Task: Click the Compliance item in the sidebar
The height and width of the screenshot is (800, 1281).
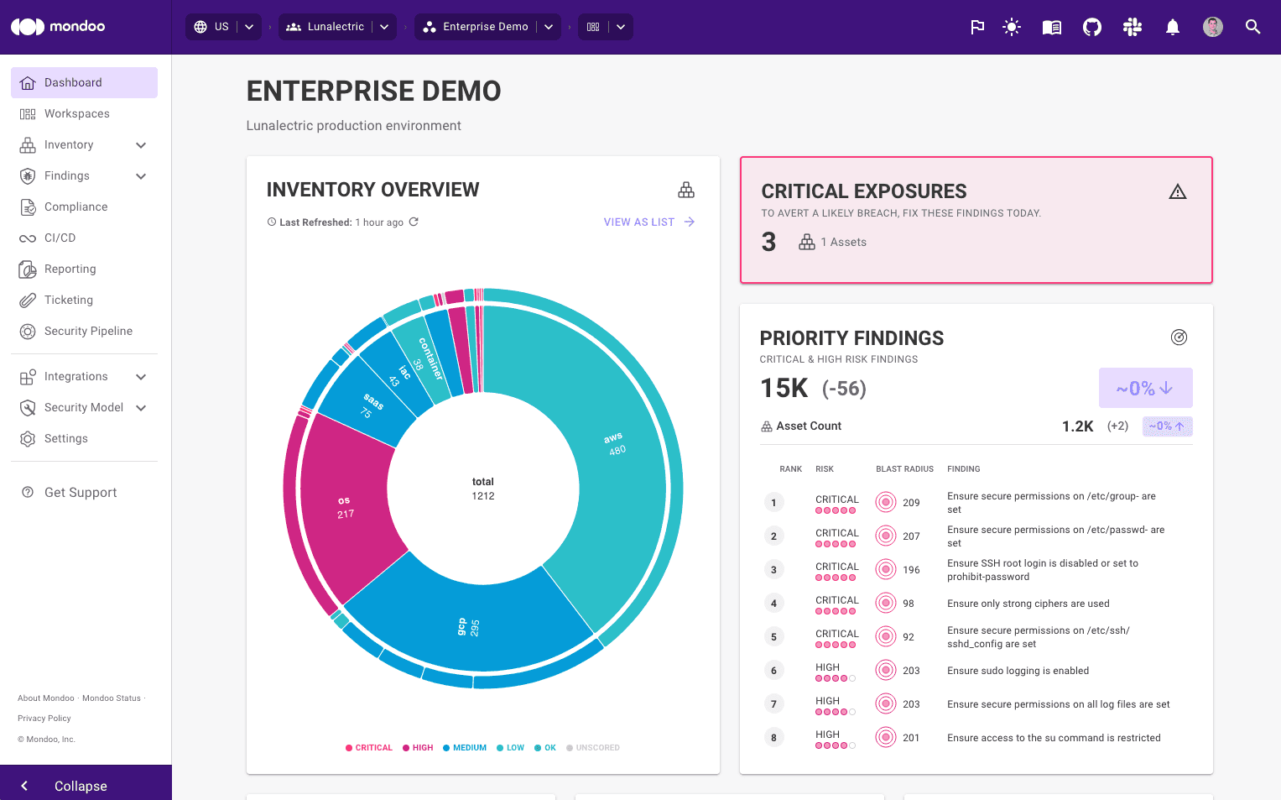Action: [76, 207]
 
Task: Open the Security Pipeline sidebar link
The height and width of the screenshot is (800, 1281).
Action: [88, 332]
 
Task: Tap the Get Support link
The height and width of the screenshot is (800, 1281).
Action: [80, 493]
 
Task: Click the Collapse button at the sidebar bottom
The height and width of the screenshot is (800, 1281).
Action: [81, 786]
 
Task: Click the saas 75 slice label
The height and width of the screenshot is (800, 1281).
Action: [370, 406]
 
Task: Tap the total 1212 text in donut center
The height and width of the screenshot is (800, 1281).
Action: [483, 489]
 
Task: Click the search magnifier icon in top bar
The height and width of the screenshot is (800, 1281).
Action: [1252, 27]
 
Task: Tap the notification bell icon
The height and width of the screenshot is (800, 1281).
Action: [1173, 27]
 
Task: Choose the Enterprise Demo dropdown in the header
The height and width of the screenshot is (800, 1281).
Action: [487, 27]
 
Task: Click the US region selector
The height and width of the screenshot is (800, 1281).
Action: [222, 27]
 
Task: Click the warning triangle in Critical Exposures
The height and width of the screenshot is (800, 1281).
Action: [1178, 192]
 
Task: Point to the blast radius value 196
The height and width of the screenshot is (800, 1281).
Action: [911, 570]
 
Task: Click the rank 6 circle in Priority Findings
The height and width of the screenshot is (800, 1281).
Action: [773, 671]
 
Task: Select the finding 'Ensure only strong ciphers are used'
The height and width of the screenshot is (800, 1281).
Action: [1028, 604]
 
